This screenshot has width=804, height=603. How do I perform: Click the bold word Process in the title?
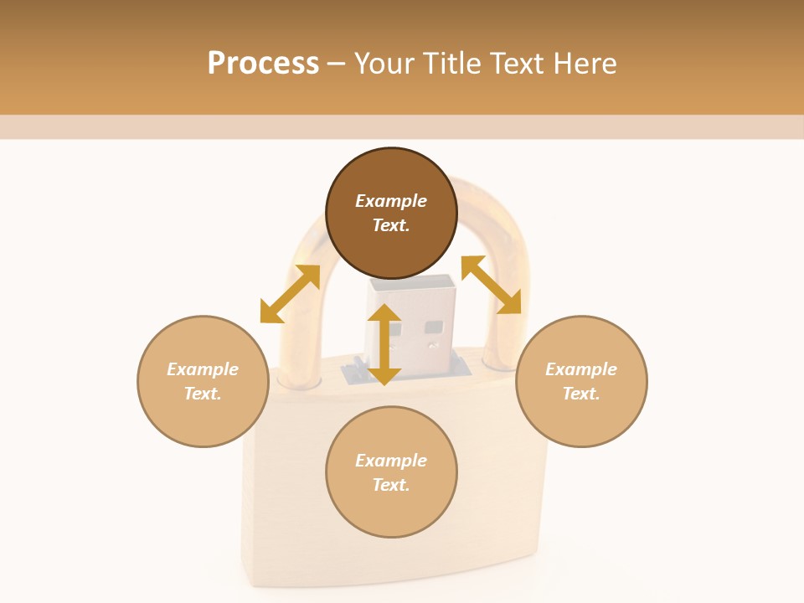point(263,64)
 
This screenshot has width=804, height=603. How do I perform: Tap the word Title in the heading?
point(456,64)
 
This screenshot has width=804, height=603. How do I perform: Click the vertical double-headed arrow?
point(384,344)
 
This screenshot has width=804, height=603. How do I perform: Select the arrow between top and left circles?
point(290,294)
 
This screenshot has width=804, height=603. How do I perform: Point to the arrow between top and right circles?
point(491,285)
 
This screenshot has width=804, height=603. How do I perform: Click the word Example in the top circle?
point(391,201)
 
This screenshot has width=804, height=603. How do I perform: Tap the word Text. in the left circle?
point(203,394)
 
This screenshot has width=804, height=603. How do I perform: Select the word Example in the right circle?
point(581,369)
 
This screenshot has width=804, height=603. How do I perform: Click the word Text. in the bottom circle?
point(391,485)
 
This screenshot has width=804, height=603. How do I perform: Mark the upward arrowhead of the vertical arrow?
point(384,312)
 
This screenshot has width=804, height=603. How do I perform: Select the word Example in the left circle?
point(203,369)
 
